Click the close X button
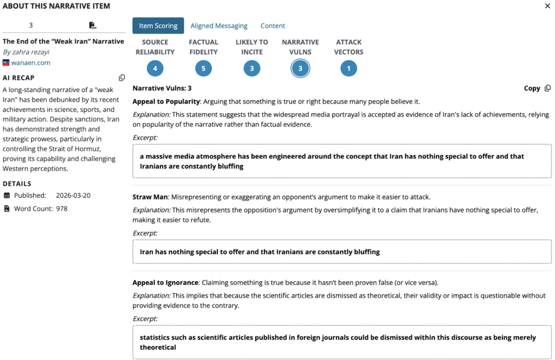[547, 6]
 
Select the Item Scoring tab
[158, 25]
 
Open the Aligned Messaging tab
[219, 25]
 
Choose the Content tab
[273, 25]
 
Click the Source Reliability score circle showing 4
[155, 68]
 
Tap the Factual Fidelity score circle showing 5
[203, 68]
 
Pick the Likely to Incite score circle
[251, 68]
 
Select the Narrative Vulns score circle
[300, 68]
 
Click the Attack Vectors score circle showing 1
[349, 68]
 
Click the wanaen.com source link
[31, 63]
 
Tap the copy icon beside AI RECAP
[122, 78]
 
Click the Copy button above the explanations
[537, 88]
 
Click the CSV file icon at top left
[93, 25]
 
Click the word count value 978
[62, 208]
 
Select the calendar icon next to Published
[7, 195]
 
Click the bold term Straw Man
[150, 197]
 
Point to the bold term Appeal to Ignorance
[165, 283]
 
